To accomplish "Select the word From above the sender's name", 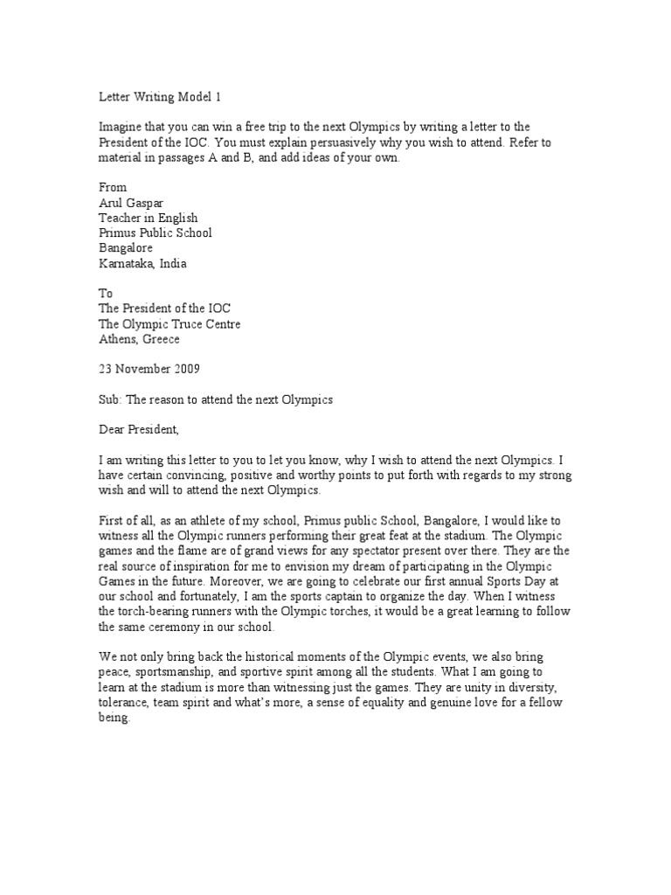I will click(111, 188).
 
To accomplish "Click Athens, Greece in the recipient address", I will click(142, 340).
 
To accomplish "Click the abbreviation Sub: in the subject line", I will click(108, 400).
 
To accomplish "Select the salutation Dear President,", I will click(142, 430).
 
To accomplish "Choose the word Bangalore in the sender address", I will click(126, 248).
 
